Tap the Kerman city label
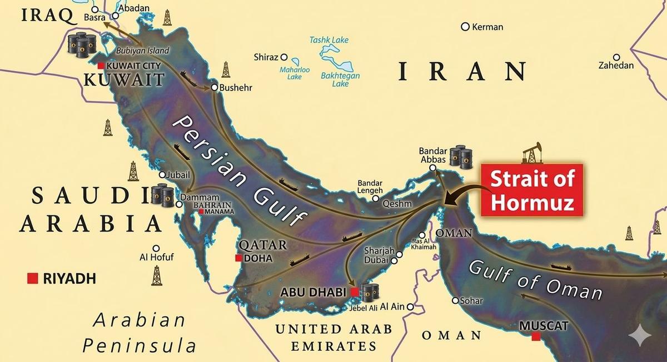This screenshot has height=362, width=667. tap(487, 27)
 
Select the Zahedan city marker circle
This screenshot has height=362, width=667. tap(616, 57)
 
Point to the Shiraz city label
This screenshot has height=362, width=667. tap(266, 57)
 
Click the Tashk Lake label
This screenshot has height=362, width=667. tap(329, 41)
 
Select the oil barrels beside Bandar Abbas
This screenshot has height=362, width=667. tap(460, 156)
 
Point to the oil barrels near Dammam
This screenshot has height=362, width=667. tap(162, 195)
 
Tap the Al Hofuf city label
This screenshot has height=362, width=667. tap(157, 257)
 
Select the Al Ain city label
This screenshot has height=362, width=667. tap(393, 306)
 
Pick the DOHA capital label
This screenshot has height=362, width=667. tap(258, 258)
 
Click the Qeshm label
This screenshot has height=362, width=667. tap(397, 204)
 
